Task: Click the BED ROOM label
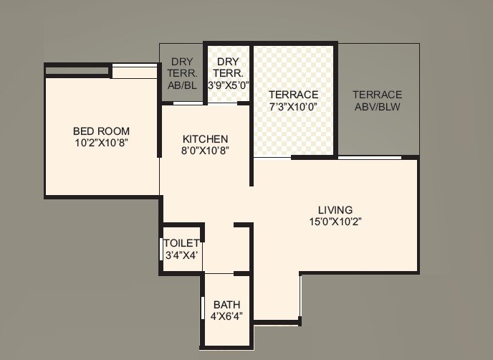pos(101,131)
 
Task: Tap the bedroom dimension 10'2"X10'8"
pos(101,142)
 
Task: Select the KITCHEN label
pos(205,138)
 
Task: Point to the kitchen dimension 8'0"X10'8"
pos(205,150)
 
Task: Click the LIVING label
pos(335,209)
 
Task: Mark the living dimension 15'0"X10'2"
pos(335,221)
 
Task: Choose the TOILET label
pos(181,244)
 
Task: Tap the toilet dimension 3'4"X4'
pos(181,255)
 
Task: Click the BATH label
pos(226,305)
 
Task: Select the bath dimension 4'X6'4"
pos(226,316)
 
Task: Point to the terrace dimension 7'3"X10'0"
pos(293,106)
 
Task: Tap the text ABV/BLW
pos(377,107)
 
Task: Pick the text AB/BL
pos(181,85)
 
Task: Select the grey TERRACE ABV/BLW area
pos(378,129)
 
